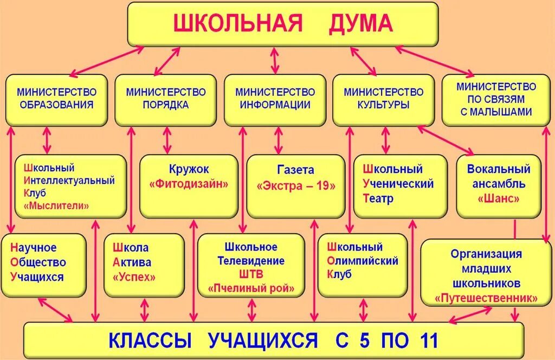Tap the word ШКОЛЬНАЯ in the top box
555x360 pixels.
tap(237, 24)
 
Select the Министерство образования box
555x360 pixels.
tap(56, 99)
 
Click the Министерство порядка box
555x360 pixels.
tap(166, 99)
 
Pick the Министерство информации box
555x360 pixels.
tap(275, 99)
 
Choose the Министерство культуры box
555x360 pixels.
tap(383, 99)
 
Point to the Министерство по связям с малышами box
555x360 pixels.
tap(496, 99)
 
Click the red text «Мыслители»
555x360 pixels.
tap(56, 205)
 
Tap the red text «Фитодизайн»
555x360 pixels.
tap(189, 184)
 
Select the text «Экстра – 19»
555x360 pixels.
tap(296, 185)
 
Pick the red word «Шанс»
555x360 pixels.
tap(499, 198)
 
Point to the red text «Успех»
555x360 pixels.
tap(133, 277)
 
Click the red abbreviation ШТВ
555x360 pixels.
tap(250, 274)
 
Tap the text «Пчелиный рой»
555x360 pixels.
tap(251, 288)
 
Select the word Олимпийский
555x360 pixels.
tap(363, 261)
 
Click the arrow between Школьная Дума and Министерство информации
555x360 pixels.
tap(275, 60)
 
